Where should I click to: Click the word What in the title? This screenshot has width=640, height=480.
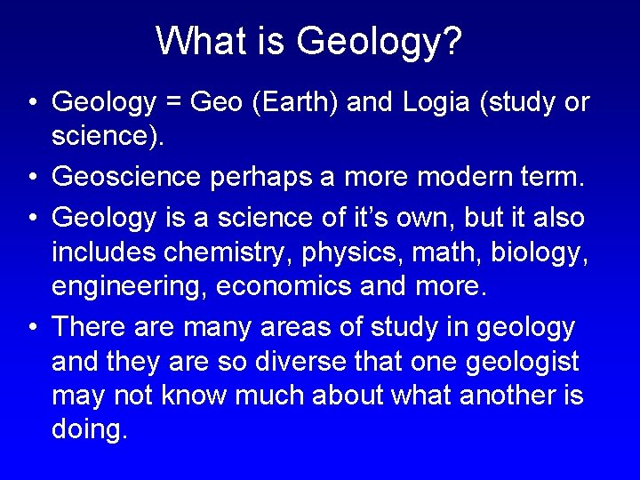coord(193,41)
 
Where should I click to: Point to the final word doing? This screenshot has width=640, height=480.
coord(90,431)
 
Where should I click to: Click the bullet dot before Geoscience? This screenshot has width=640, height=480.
coord(31,177)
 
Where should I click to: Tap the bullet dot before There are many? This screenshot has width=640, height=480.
coord(31,326)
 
